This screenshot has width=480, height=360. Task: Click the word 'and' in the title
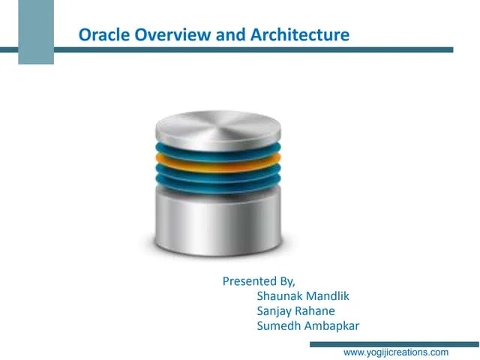(212, 34)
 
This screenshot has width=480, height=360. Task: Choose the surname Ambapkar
(333, 326)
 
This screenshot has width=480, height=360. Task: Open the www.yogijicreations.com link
(395, 352)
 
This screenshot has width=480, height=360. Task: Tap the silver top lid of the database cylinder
(218, 126)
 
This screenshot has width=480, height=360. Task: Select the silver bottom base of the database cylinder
(218, 221)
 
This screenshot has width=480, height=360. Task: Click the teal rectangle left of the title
(36, 32)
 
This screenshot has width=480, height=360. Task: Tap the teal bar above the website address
(382, 343)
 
